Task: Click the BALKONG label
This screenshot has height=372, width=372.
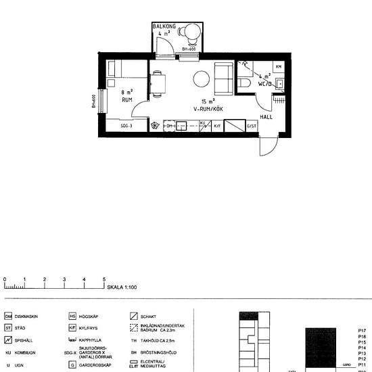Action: tap(164, 26)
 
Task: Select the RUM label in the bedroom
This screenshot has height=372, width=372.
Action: tap(126, 99)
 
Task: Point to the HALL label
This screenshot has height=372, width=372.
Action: tap(266, 116)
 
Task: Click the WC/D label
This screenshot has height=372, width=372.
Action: tap(263, 84)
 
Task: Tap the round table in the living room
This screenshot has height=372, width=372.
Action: tap(202, 79)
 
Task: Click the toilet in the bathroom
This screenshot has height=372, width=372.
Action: tap(246, 83)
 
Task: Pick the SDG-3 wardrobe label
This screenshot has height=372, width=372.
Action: tap(126, 126)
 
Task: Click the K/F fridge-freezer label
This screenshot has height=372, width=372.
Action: tap(217, 126)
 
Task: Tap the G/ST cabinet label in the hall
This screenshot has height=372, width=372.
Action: tap(251, 126)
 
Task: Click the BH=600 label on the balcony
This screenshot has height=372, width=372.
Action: tap(189, 49)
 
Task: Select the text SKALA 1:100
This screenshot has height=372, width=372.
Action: tap(122, 287)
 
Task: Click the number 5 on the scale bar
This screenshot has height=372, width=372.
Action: tap(104, 279)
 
